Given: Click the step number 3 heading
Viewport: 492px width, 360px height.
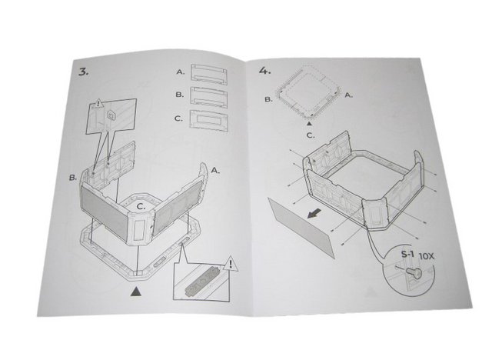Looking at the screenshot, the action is (82, 72).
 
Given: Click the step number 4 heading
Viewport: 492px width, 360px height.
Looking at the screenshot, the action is (265, 71).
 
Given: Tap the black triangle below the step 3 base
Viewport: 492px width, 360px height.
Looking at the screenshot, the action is (136, 291).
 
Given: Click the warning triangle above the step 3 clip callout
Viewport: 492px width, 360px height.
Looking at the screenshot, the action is (99, 102).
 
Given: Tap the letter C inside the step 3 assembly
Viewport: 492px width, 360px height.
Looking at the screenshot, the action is (141, 206).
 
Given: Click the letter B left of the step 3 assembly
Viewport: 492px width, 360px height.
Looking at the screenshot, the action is (72, 178).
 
